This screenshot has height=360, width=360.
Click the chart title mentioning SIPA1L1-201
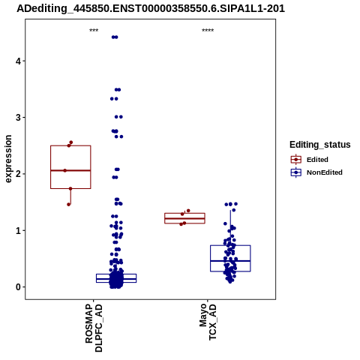[x=151, y=9]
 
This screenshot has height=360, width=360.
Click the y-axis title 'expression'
[x=8, y=159]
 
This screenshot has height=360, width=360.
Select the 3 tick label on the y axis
[x=18, y=118]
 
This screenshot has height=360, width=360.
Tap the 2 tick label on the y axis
[x=18, y=174]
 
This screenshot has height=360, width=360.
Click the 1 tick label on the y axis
[x=18, y=230]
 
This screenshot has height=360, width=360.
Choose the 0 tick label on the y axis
[x=18, y=287]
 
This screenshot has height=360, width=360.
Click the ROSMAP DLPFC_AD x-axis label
[x=94, y=328]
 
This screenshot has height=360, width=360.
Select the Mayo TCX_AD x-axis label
[x=208, y=322]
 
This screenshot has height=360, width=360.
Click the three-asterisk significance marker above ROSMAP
[x=94, y=31]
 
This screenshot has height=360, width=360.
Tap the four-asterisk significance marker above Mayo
[x=208, y=31]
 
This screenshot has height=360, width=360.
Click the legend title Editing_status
[x=320, y=145]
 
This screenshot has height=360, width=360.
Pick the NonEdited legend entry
[x=316, y=172]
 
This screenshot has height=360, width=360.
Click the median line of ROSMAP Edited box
[x=70, y=170]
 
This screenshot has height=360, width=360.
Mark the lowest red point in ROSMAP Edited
[x=69, y=205]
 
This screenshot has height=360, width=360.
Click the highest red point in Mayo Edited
[x=188, y=211]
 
